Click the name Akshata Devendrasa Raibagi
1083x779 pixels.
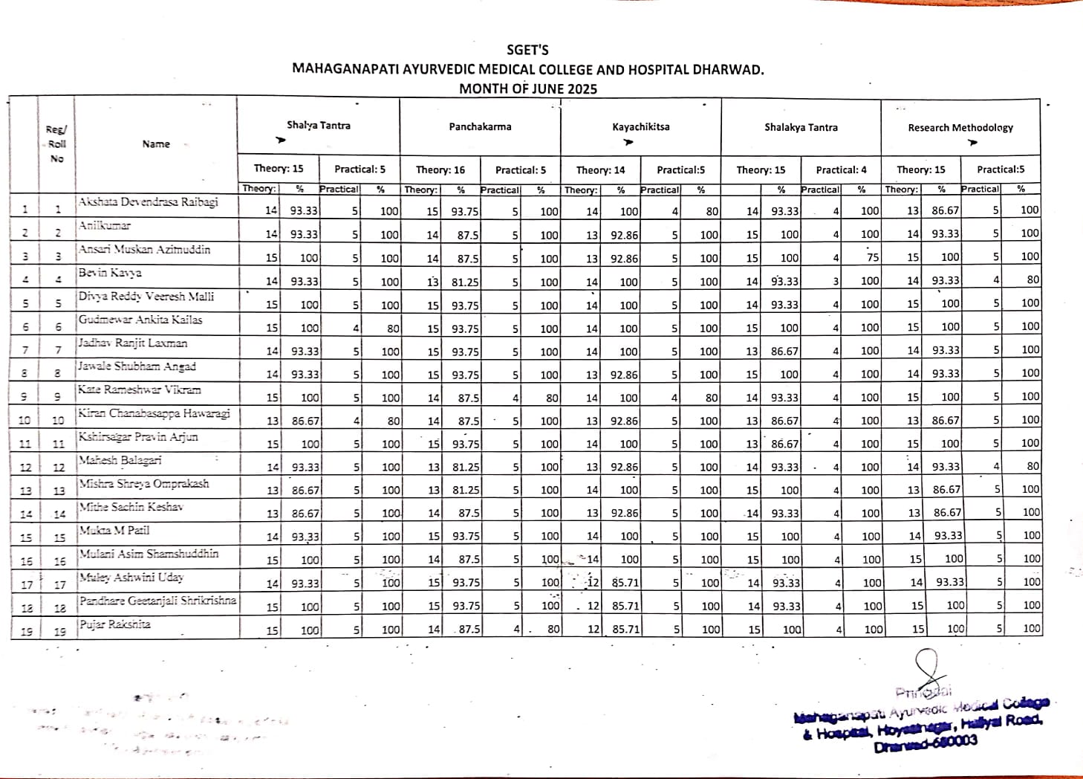(148, 202)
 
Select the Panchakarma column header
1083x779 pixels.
(480, 127)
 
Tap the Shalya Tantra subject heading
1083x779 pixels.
(319, 126)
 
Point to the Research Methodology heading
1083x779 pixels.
(960, 128)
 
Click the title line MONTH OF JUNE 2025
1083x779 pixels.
(527, 89)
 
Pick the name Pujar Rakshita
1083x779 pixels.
(115, 624)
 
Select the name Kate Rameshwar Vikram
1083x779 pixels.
(139, 389)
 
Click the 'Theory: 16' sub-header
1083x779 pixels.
(440, 169)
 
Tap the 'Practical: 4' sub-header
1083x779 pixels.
(841, 169)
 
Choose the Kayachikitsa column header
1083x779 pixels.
(640, 127)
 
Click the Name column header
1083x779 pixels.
(156, 144)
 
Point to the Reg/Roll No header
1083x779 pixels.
(56, 144)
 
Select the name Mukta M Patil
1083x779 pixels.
(114, 531)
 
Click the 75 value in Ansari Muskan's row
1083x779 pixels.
(873, 257)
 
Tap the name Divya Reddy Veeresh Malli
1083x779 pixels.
(146, 297)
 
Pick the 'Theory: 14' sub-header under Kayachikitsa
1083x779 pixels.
(600, 169)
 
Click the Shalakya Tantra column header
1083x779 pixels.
(801, 128)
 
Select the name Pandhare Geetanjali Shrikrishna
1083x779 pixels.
(157, 601)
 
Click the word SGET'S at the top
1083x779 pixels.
(527, 51)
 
